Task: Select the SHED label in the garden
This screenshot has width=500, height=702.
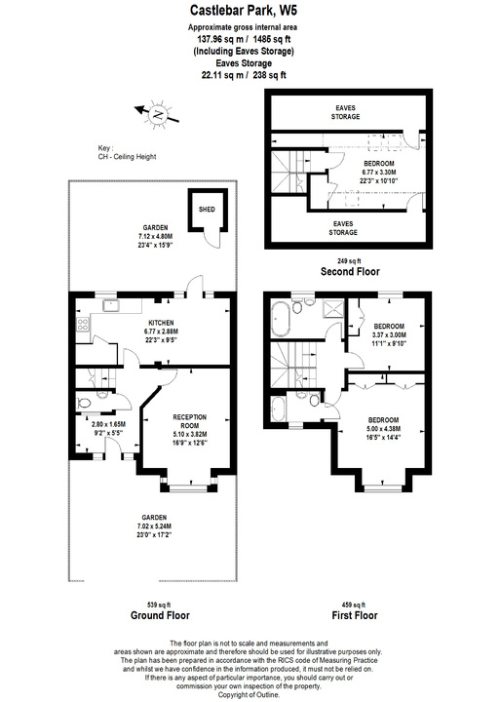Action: [207, 210]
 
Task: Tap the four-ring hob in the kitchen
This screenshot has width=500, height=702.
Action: [82, 327]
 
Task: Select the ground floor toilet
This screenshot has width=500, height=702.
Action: [86, 401]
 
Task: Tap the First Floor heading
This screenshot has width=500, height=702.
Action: [356, 615]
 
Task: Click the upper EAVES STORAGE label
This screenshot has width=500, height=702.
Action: [343, 111]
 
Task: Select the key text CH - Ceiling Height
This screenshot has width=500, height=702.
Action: [128, 156]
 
